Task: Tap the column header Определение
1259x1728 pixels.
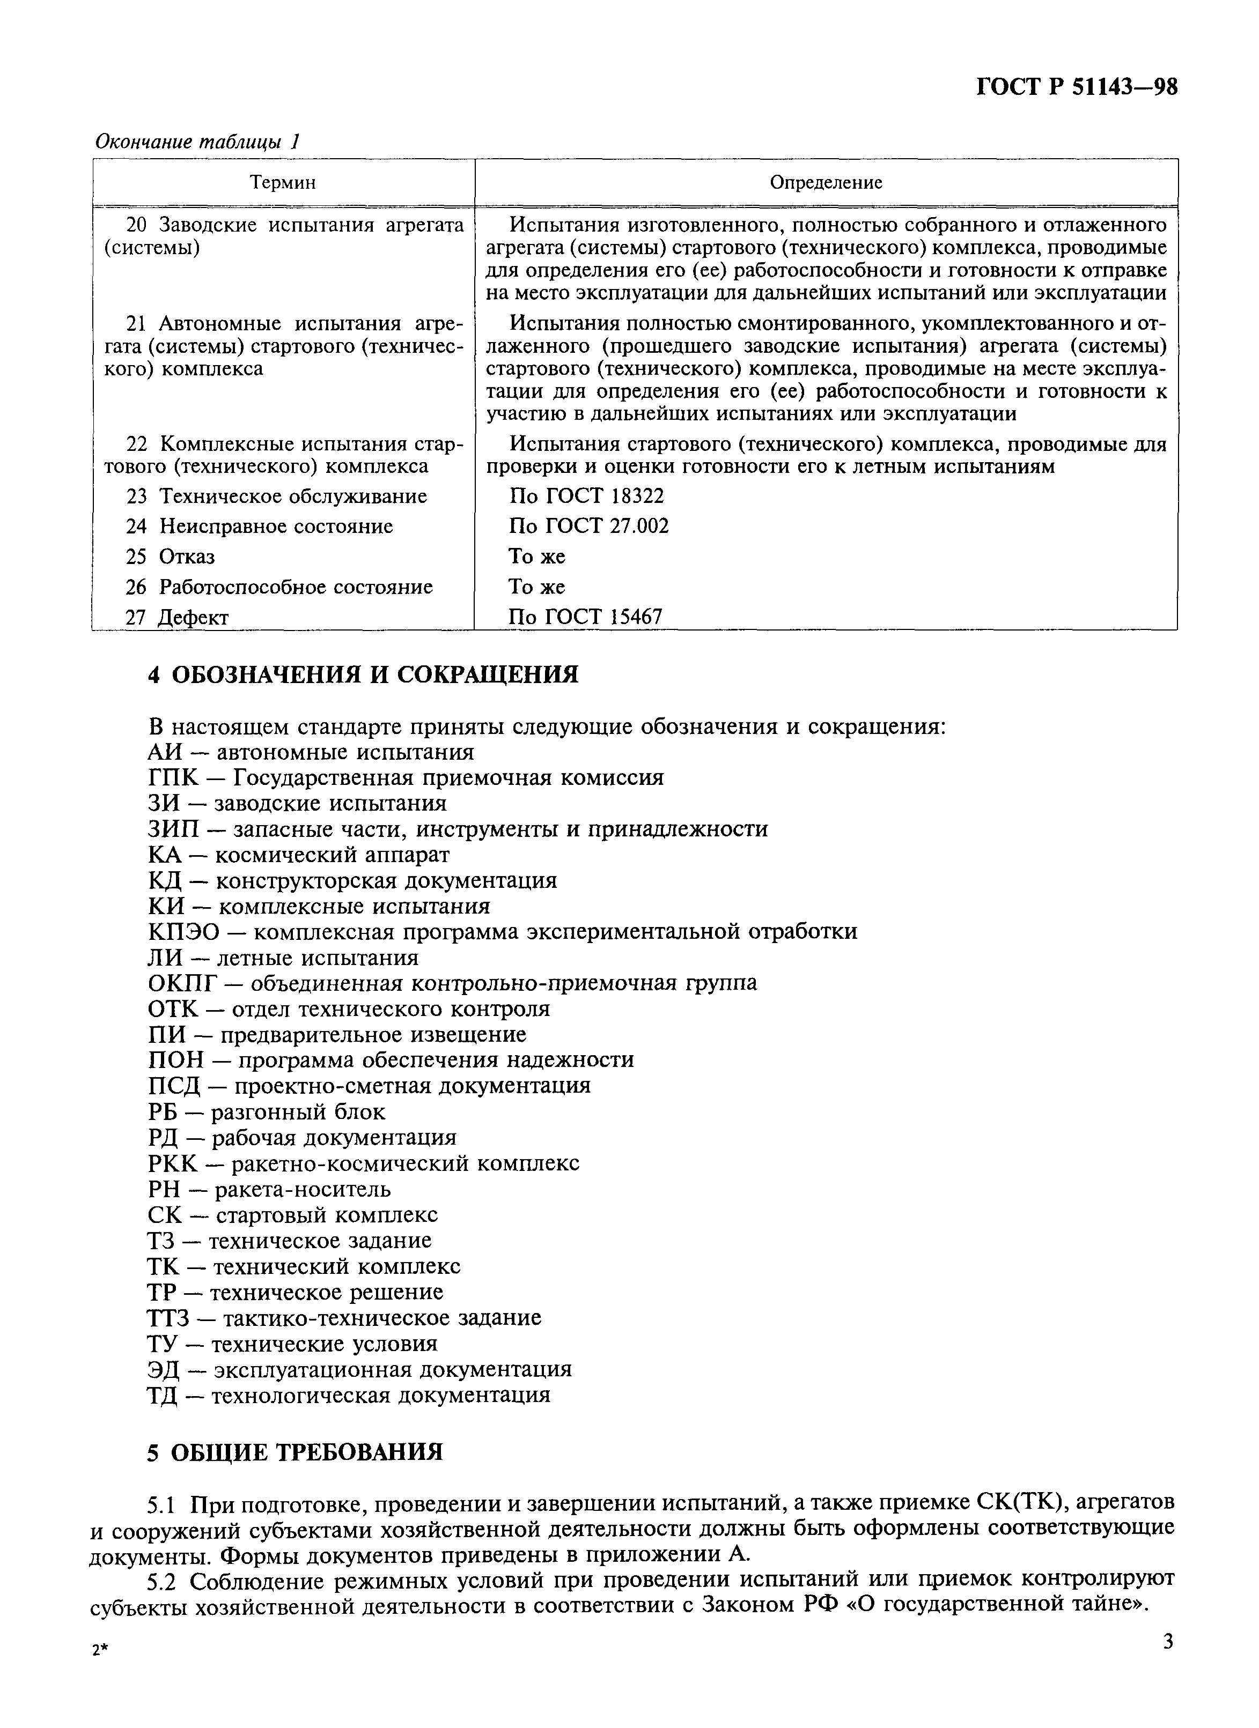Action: point(826,182)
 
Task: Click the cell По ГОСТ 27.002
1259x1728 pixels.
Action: point(588,526)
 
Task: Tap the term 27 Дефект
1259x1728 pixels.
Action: point(177,617)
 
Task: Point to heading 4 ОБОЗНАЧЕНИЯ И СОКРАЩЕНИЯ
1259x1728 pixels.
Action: point(363,674)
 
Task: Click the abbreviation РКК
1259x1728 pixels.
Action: point(173,1163)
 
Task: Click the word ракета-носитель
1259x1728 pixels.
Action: point(303,1189)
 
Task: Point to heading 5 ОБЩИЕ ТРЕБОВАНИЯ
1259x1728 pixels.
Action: point(295,1452)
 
